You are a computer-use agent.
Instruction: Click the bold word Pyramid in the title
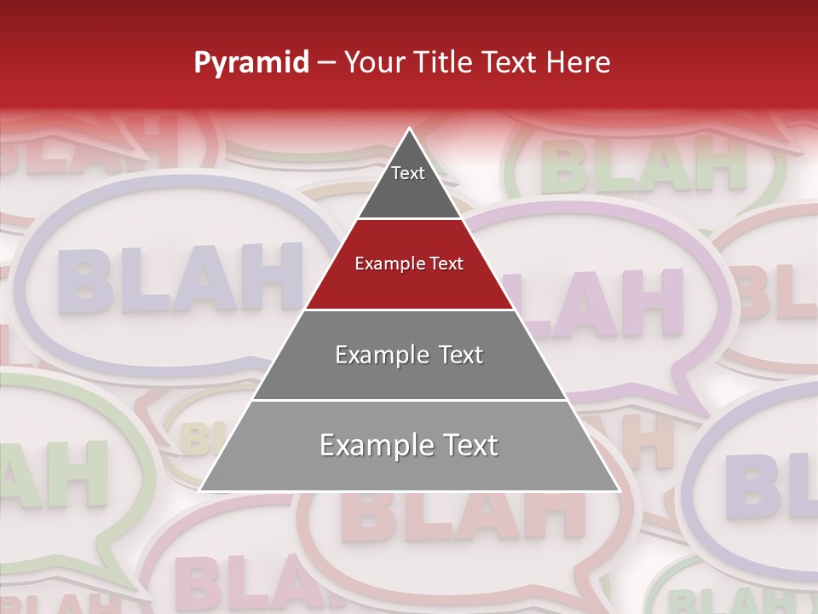(x=251, y=63)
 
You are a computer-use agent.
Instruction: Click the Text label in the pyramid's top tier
(x=408, y=173)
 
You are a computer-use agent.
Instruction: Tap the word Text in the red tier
(x=446, y=264)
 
